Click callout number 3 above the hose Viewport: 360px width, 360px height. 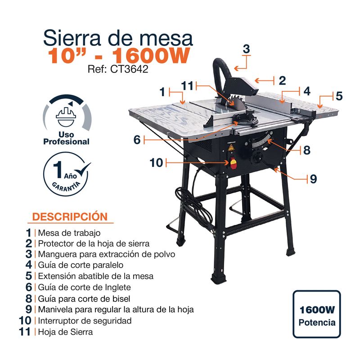coord(246,49)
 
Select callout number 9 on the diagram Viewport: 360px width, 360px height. coord(313,179)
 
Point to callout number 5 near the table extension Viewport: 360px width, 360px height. coord(339,96)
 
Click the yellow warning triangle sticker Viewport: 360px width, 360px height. coord(231,148)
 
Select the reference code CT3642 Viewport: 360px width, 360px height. coord(129,69)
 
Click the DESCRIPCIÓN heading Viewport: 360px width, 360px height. coord(70,217)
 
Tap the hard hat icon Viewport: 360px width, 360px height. coord(66,117)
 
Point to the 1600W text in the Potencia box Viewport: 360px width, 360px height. coord(317,310)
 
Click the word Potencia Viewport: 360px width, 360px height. coord(317,323)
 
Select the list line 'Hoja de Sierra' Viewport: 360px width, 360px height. coord(65,332)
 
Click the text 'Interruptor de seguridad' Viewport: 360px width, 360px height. coord(85,320)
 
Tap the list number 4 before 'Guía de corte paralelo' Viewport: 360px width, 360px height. coord(29,265)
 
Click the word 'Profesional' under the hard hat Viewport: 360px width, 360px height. coord(66,142)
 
